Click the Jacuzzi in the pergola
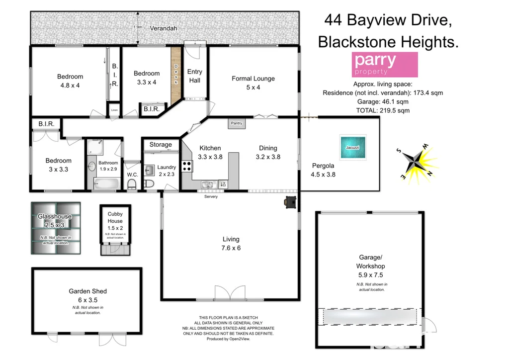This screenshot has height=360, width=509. click(353, 148)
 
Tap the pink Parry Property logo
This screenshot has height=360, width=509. click(384, 64)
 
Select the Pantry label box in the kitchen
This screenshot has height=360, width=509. click(237, 123)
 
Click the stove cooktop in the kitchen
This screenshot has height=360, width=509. click(187, 166)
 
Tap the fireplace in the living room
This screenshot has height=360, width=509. click(290, 201)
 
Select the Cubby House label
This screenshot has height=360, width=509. click(115, 217)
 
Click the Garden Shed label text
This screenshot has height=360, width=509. click(87, 291)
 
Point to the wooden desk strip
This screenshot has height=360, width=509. click(175, 75)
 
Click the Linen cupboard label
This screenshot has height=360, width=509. click(114, 110)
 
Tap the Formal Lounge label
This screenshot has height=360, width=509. click(253, 79)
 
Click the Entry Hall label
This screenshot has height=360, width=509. click(195, 76)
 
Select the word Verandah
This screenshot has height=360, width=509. click(164, 28)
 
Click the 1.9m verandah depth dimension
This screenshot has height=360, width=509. click(138, 27)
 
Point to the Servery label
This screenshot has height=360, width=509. click(211, 196)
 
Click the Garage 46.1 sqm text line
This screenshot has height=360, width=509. click(382, 101)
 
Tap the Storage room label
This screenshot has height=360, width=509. click(161, 145)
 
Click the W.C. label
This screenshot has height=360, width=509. click(132, 175)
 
